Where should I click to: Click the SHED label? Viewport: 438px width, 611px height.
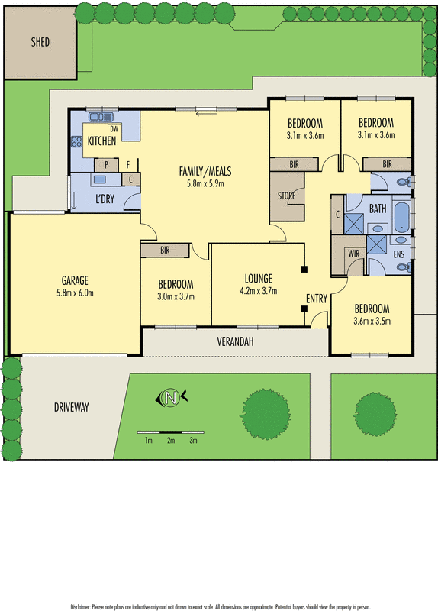point(40,43)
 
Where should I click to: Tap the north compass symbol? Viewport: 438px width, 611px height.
point(172,396)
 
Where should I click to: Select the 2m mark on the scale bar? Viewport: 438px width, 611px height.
point(172,441)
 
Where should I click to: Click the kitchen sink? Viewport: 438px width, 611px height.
point(100,118)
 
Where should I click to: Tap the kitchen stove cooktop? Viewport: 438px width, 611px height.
point(76,141)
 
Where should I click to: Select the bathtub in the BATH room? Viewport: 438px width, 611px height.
point(400,217)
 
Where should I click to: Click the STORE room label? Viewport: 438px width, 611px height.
point(286,196)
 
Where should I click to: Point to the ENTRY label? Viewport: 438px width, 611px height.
point(317,298)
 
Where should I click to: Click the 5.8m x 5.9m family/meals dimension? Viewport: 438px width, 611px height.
point(205,183)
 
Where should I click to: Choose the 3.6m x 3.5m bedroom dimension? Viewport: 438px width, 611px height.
point(371,322)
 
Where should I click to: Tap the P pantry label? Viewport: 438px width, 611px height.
point(105,163)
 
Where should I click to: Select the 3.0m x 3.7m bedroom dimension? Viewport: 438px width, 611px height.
point(176,296)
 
